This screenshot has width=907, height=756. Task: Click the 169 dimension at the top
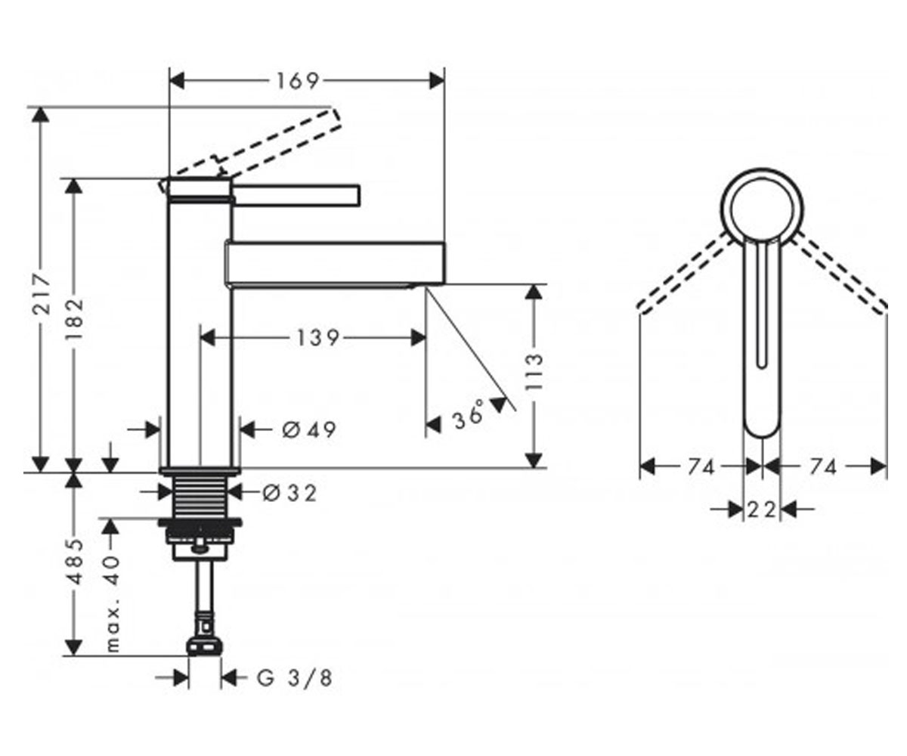click(x=298, y=81)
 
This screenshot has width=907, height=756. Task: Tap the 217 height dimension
click(x=42, y=293)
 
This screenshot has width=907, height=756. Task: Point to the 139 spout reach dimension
click(x=317, y=338)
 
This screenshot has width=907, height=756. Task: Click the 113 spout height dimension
click(x=534, y=373)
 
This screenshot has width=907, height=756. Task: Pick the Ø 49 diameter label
click(x=309, y=430)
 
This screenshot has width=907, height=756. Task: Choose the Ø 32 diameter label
click(x=289, y=493)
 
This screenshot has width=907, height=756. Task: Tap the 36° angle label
click(x=469, y=414)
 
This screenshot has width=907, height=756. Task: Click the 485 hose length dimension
click(x=75, y=562)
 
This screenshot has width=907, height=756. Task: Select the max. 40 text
click(x=112, y=603)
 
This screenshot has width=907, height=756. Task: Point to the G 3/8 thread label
click(x=295, y=678)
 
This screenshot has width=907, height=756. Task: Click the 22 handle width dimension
click(x=761, y=510)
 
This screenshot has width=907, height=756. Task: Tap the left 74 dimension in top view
click(x=701, y=467)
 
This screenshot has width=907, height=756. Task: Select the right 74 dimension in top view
click(x=823, y=467)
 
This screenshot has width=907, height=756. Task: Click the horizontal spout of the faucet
click(x=336, y=263)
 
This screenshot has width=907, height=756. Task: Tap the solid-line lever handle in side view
click(x=296, y=195)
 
